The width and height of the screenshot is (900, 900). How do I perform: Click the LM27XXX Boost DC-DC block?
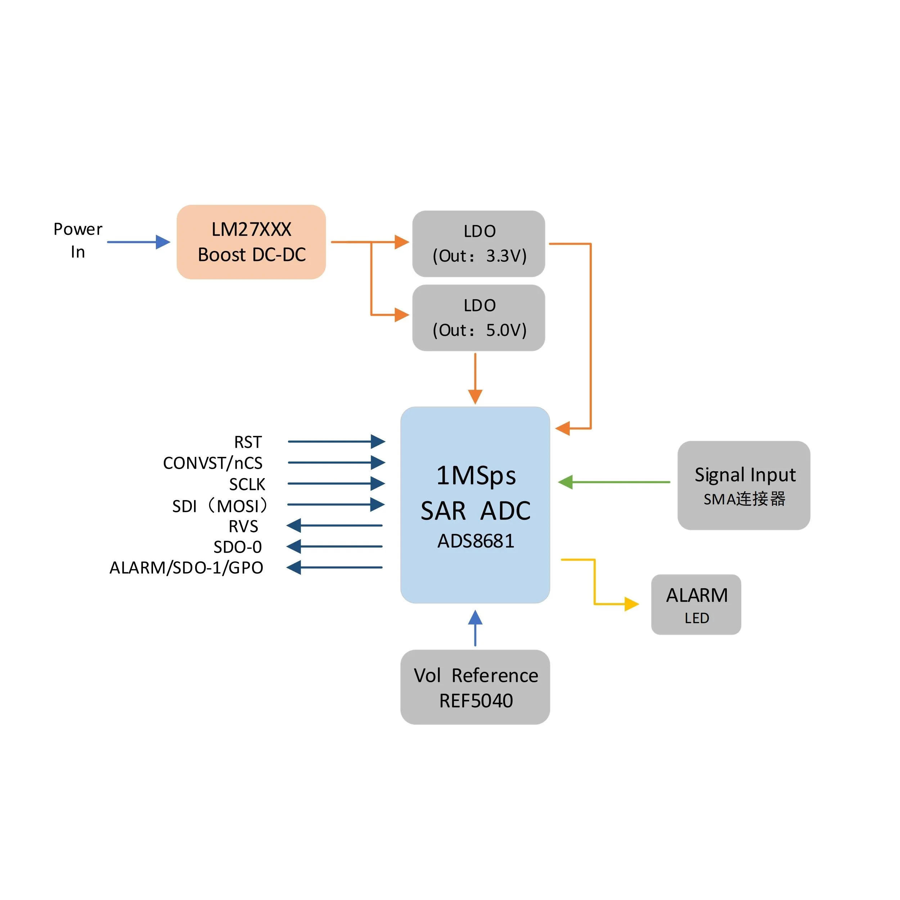(251, 242)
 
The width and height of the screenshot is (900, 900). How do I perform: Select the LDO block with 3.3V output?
(478, 244)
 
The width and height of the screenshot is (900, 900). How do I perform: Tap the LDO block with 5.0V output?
(478, 318)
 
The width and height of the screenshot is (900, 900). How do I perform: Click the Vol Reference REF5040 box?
(475, 687)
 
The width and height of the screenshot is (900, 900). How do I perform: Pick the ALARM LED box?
(696, 604)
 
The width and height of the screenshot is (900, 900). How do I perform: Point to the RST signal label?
(248, 442)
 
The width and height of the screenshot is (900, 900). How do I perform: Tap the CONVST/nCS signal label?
(213, 463)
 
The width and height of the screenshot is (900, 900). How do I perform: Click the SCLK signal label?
(247, 484)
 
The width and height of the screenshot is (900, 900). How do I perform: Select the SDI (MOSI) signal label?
(220, 505)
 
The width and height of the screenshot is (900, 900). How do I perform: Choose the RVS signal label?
(243, 526)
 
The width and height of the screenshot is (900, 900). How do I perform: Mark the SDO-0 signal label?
(238, 547)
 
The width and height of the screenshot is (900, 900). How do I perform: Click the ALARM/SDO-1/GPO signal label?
(186, 568)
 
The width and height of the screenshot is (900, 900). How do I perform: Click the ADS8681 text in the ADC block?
(476, 541)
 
